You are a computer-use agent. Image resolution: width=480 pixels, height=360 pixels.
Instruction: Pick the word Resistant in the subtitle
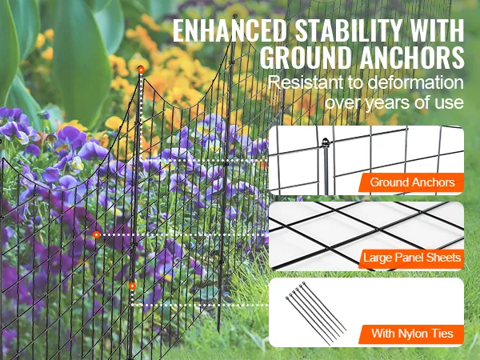pos(303,84)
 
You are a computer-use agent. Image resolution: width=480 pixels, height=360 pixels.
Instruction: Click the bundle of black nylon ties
pos(314,314)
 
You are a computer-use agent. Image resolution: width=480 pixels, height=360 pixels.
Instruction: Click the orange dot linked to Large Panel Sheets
pos(97,235)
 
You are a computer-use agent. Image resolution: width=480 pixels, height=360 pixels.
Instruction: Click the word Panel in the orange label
pos(409,258)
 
